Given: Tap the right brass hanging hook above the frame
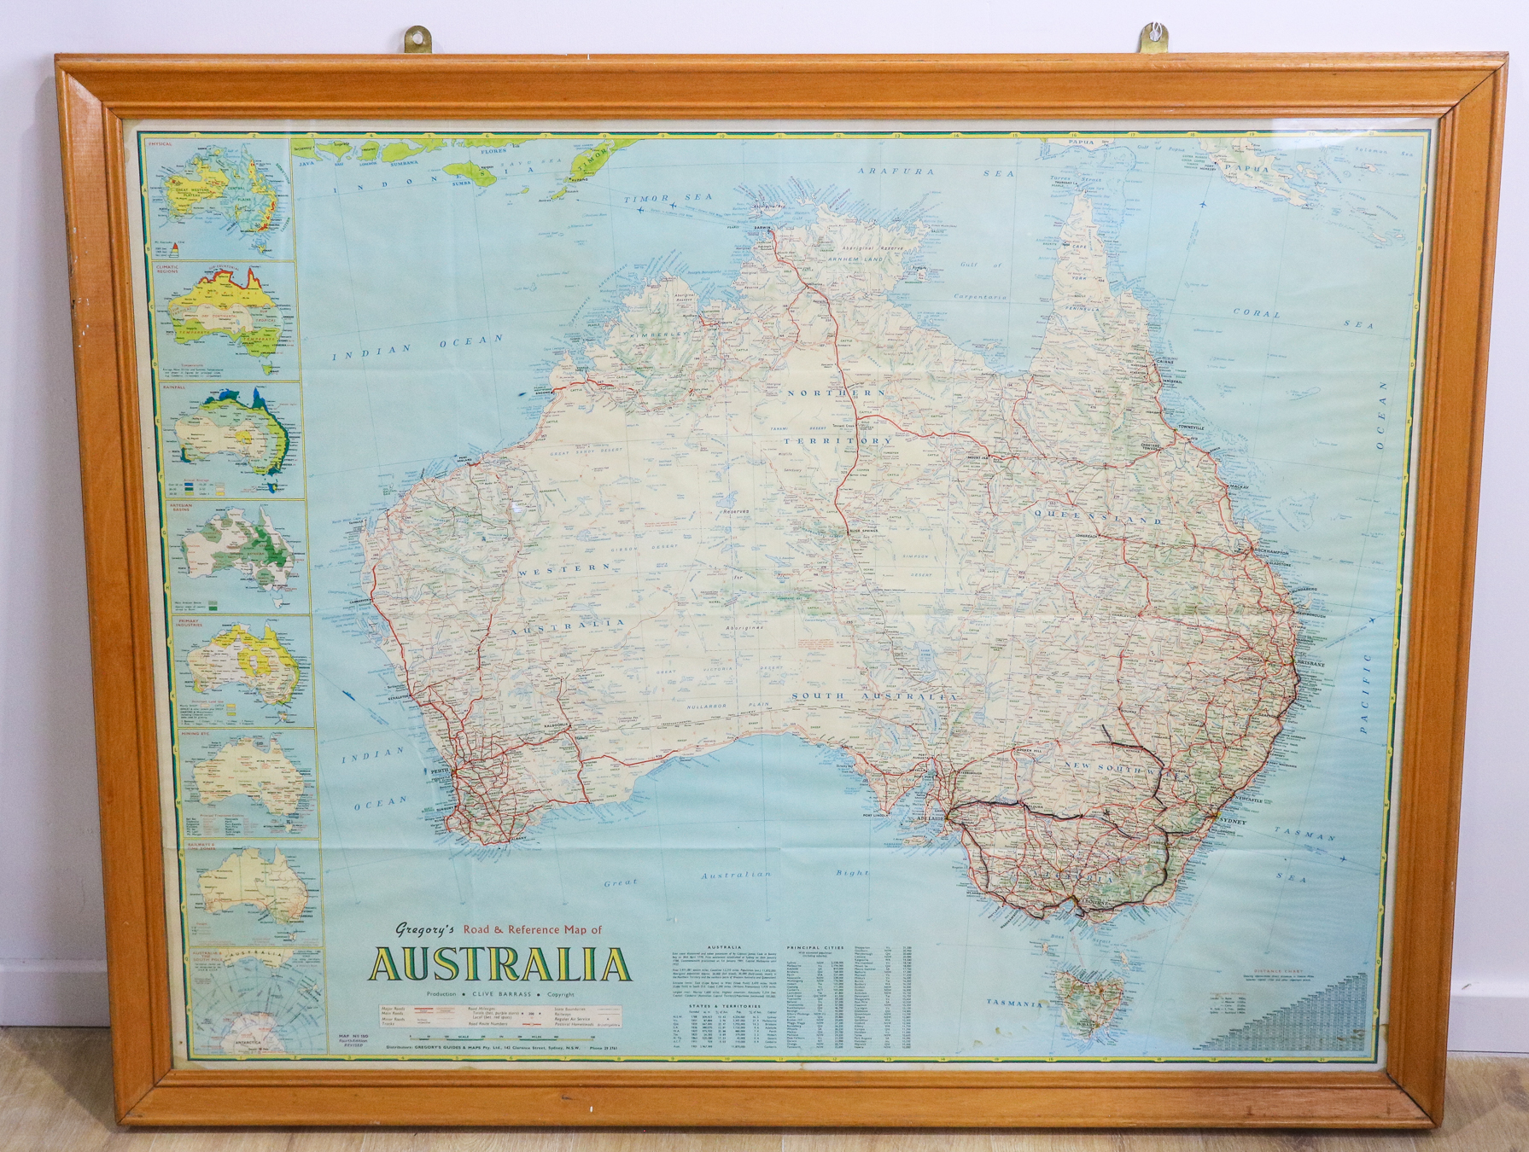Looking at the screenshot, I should click(x=1155, y=39).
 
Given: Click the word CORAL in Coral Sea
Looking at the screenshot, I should click(x=1257, y=313).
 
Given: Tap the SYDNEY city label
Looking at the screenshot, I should click(x=1235, y=821).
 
